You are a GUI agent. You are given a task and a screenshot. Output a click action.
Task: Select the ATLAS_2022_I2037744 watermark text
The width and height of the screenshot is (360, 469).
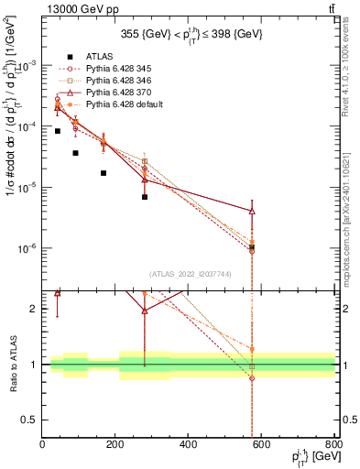(x=188, y=275)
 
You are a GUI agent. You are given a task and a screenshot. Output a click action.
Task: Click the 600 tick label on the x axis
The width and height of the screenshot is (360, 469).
(x=262, y=445)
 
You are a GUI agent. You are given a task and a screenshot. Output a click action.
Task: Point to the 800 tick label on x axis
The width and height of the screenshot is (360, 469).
(x=334, y=445)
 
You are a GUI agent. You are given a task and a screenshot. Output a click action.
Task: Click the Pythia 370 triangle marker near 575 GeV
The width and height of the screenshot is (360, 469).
(x=252, y=212)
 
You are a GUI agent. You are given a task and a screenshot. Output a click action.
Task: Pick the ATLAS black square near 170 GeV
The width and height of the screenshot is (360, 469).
(x=104, y=173)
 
